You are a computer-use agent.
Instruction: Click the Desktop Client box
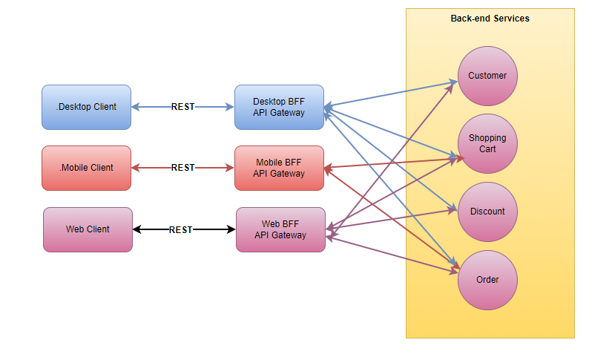86,107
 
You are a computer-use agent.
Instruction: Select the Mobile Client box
86,168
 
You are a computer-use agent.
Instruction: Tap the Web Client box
88,229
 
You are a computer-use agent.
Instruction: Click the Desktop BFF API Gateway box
279,107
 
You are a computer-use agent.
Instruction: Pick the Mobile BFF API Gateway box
279,168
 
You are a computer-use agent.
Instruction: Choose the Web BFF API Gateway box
280,229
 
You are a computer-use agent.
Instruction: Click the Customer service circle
487,76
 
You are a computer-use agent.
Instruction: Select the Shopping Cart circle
487,143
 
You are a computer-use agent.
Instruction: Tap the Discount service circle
487,212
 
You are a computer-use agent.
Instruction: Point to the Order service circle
487,280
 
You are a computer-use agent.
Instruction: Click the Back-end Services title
490,19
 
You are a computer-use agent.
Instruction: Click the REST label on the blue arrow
182,107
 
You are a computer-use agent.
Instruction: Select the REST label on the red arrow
182,168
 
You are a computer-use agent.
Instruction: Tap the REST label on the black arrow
181,229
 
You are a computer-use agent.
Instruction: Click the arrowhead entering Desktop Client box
136,107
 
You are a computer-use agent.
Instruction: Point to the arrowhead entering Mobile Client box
136,168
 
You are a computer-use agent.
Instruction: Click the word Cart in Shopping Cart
487,149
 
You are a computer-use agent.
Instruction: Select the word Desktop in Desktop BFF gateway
269,102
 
